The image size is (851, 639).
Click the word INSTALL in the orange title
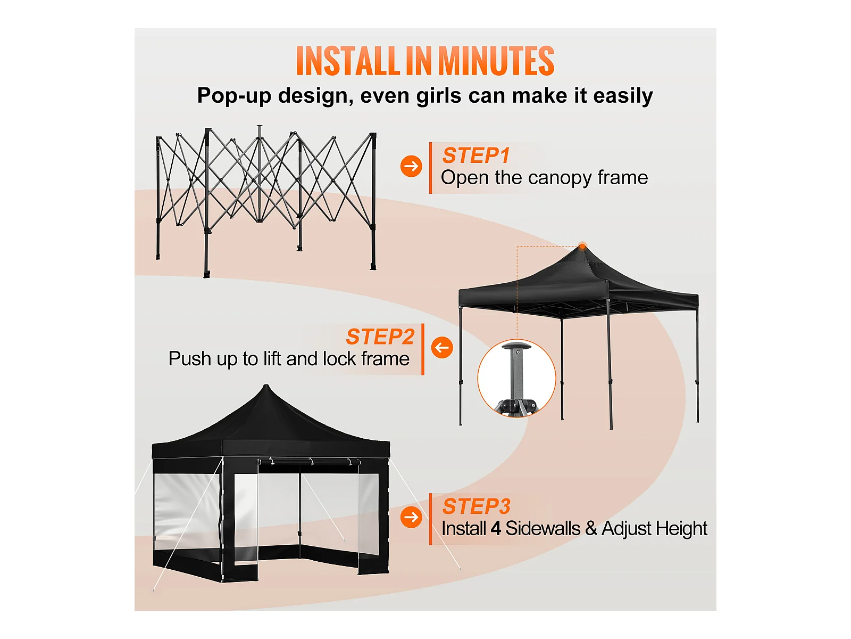click(x=348, y=61)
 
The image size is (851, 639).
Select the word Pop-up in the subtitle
click(x=234, y=96)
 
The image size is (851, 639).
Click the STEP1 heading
click(x=476, y=155)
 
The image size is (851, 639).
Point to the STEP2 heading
click(x=380, y=337)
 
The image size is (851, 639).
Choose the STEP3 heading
click(x=477, y=506)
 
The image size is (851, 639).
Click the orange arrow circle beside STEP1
click(x=411, y=167)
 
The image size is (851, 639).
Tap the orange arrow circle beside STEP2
click(x=443, y=347)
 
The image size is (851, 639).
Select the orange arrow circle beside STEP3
click(x=411, y=517)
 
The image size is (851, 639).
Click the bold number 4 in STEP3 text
click(x=496, y=529)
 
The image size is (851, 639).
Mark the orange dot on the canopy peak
click(x=582, y=246)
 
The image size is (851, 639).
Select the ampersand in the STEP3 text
click(x=591, y=529)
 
